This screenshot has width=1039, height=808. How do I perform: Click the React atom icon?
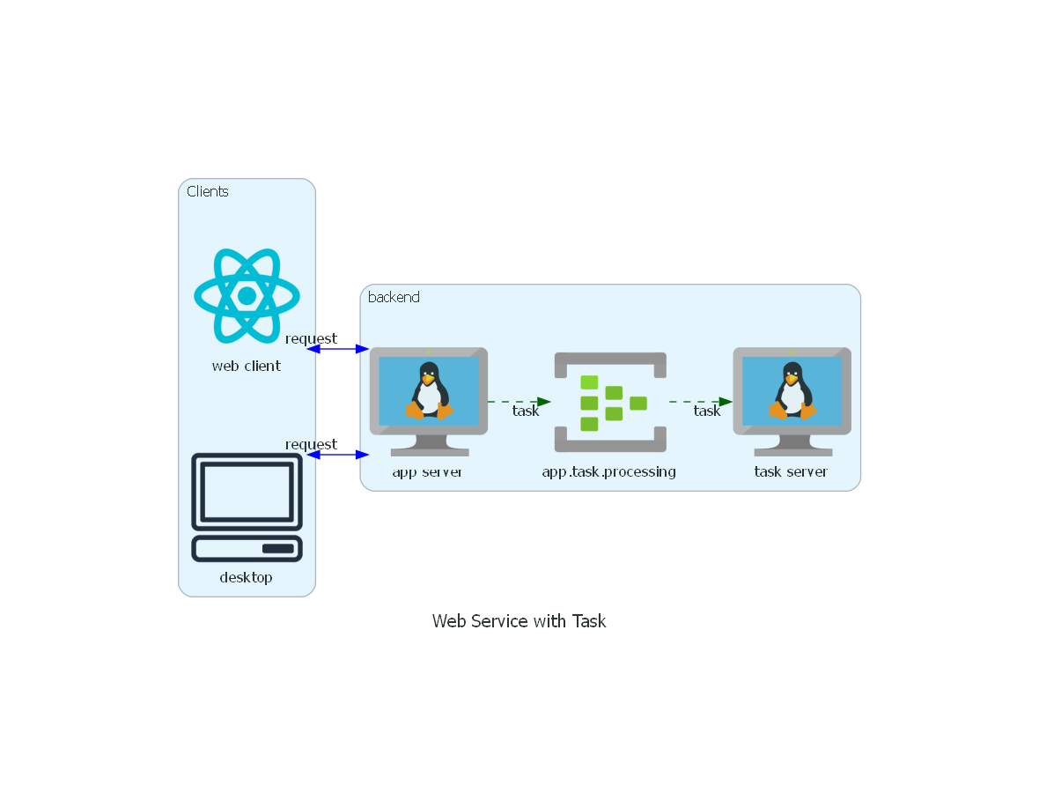click(x=247, y=295)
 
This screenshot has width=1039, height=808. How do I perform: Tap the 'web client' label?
click(x=247, y=366)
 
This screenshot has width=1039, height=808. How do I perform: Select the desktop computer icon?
click(x=247, y=507)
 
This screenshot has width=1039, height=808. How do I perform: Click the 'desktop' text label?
click(x=247, y=578)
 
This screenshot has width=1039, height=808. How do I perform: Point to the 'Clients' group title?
click(x=208, y=191)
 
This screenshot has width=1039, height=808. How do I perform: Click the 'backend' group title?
click(x=394, y=297)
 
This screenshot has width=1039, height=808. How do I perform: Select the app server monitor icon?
click(x=429, y=401)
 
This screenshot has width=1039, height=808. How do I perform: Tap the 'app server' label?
click(x=428, y=471)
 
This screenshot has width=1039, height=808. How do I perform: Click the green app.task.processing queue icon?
click(x=610, y=402)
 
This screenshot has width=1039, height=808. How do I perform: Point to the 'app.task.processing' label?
click(x=609, y=471)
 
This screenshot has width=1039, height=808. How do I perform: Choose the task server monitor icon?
click(x=792, y=401)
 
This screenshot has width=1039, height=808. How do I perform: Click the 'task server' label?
click(x=791, y=471)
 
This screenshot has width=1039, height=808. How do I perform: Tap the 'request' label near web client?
click(x=311, y=338)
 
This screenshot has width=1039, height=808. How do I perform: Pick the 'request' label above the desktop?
click(x=311, y=444)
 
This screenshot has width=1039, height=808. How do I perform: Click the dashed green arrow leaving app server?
click(x=519, y=402)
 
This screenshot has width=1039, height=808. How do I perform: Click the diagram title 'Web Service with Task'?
click(x=519, y=621)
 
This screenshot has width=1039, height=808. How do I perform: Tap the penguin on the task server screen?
click(x=791, y=391)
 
